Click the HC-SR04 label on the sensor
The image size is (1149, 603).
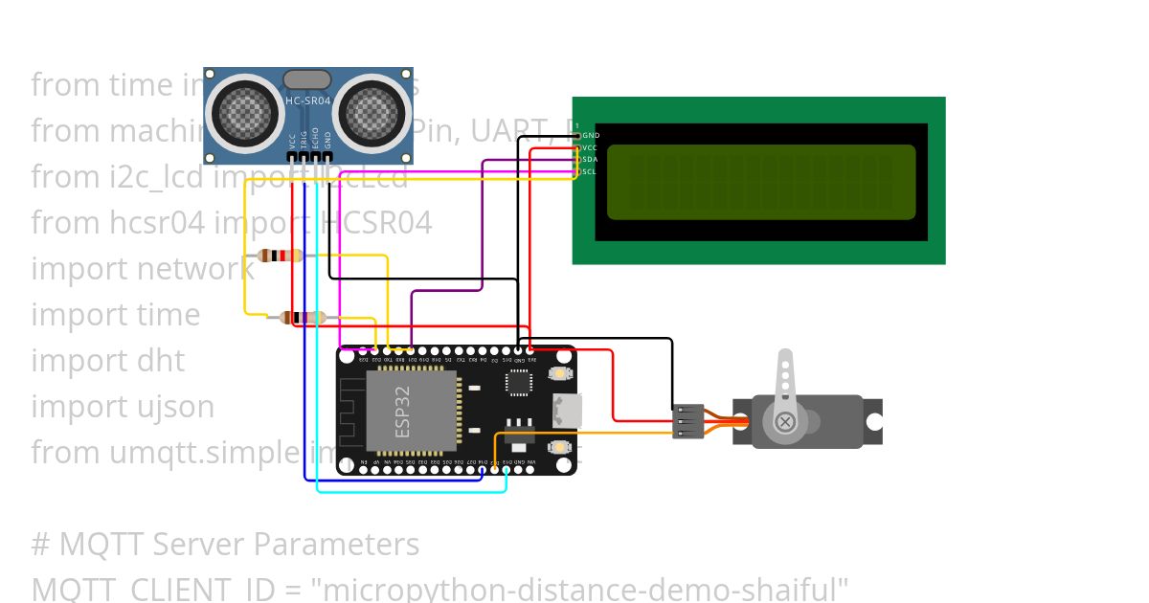pyautogui.click(x=308, y=100)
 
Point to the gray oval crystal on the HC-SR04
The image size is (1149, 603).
pyautogui.click(x=307, y=78)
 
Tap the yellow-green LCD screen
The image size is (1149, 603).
pyautogui.click(x=761, y=182)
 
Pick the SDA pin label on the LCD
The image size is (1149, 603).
pyautogui.click(x=590, y=159)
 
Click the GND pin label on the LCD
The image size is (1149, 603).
pyautogui.click(x=591, y=136)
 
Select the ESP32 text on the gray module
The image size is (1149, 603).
pyautogui.click(x=402, y=411)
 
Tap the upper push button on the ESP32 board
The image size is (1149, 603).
pyautogui.click(x=558, y=373)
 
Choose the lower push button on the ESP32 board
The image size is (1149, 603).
pyautogui.click(x=558, y=447)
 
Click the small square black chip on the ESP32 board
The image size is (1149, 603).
pyautogui.click(x=519, y=381)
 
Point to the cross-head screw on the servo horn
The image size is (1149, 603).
pyautogui.click(x=785, y=421)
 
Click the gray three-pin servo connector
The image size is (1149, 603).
pyautogui.click(x=687, y=421)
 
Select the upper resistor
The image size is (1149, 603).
pyautogui.click(x=282, y=256)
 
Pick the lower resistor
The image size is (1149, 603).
pyautogui.click(x=303, y=318)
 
